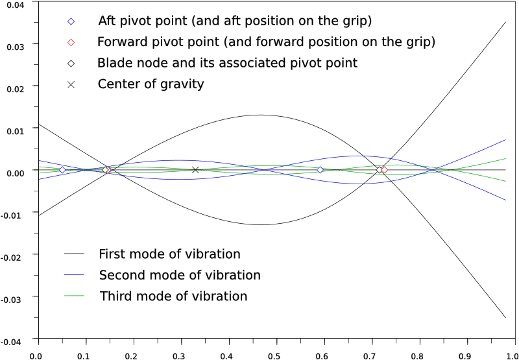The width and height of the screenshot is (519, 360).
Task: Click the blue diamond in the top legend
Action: pyautogui.click(x=71, y=21)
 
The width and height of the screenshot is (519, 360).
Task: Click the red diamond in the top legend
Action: pyautogui.click(x=71, y=42)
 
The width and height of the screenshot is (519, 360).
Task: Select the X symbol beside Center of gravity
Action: pyautogui.click(x=71, y=84)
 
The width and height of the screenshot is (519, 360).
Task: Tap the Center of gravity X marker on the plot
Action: pyautogui.click(x=195, y=170)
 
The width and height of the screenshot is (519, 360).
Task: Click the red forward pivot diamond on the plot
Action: pyautogui.click(x=384, y=170)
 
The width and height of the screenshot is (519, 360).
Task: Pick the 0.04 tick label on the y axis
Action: pyautogui.click(x=14, y=5)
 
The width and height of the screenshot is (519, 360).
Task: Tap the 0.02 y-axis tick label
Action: pyautogui.click(x=14, y=88)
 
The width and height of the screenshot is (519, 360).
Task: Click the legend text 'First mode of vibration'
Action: pyautogui.click(x=169, y=254)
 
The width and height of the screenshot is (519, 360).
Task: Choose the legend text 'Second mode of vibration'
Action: pyautogui.click(x=180, y=275)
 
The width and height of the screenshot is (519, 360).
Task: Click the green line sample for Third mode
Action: pyautogui.click(x=75, y=296)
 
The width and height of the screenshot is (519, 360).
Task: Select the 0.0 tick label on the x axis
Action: pyautogui.click(x=38, y=355)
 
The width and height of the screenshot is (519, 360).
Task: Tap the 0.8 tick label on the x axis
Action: pyautogui.click(x=418, y=355)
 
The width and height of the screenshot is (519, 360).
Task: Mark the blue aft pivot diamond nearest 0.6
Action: pyautogui.click(x=320, y=170)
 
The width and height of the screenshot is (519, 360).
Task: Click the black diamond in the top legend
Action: pyautogui.click(x=71, y=64)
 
